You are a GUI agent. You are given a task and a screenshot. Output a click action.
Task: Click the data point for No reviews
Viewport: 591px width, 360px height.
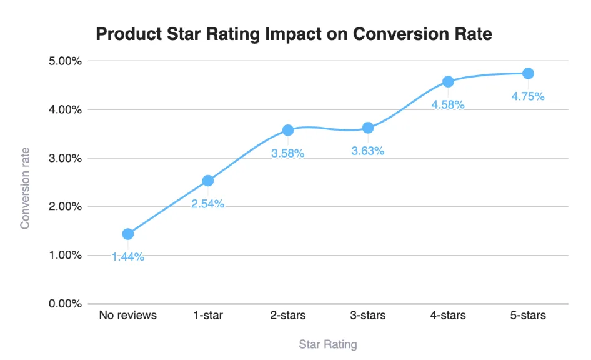[128, 234]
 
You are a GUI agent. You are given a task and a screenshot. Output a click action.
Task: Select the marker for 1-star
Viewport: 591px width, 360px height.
[208, 181]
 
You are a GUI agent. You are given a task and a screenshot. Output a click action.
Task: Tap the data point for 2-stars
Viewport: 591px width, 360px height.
[288, 130]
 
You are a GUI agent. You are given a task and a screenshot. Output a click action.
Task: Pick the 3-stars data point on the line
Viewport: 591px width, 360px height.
[368, 127]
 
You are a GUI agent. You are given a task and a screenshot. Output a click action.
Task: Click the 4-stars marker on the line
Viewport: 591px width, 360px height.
[448, 81]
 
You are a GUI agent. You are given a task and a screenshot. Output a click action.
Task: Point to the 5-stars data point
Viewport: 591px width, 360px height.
[528, 73]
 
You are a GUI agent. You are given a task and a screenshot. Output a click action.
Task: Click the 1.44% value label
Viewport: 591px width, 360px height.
[128, 257]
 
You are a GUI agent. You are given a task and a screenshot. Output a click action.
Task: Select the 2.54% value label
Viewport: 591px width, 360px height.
[208, 204]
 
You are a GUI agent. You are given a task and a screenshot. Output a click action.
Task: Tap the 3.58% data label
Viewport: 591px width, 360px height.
[288, 153]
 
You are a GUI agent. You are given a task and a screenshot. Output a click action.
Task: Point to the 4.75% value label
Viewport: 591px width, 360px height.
[528, 96]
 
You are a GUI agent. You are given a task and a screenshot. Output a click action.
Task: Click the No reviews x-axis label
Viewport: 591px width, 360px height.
[128, 316]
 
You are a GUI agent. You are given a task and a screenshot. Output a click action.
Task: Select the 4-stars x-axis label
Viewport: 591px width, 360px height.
[448, 316]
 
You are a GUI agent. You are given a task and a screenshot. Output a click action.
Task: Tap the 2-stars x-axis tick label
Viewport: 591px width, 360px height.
[288, 316]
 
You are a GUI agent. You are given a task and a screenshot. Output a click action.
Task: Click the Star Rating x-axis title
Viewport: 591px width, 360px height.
[328, 344]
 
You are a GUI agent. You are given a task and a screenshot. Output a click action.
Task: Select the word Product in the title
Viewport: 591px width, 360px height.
[124, 34]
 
